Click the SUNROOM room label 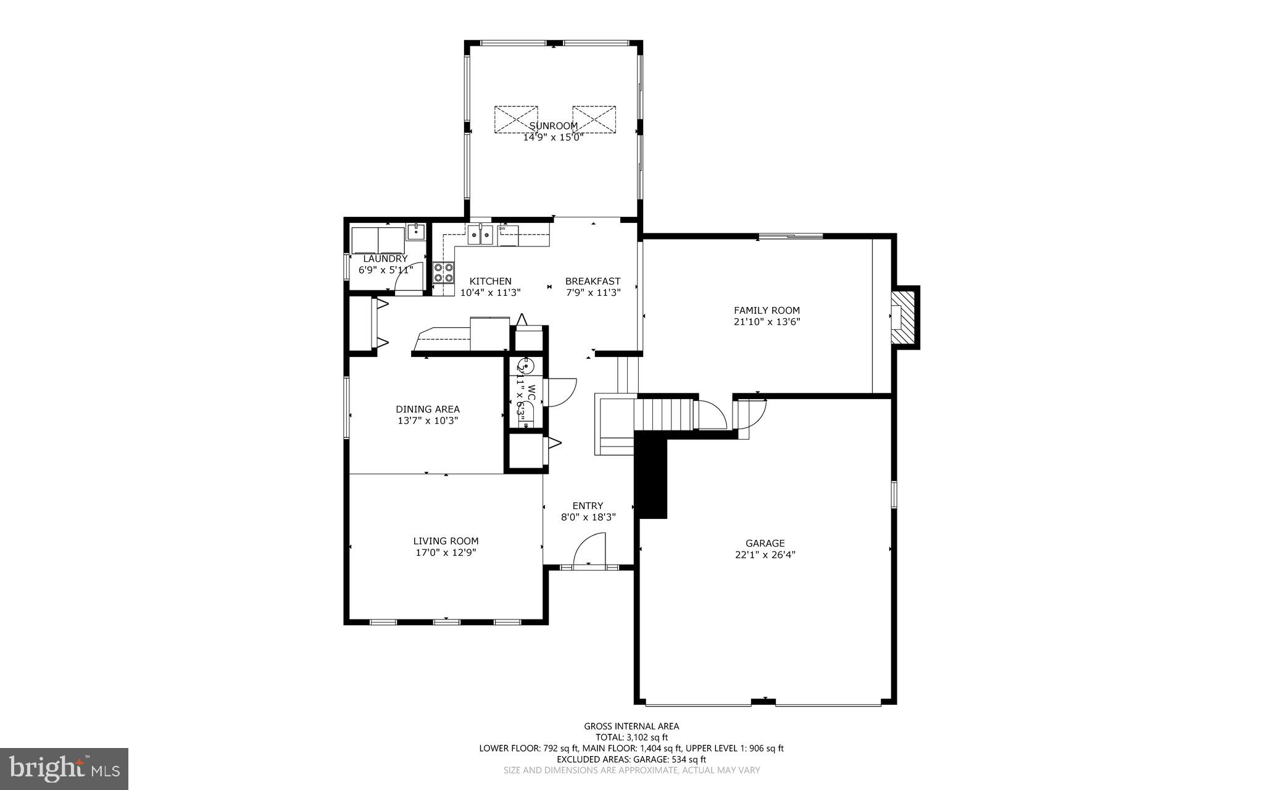pyautogui.click(x=554, y=126)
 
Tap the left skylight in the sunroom pyautogui.click(x=516, y=119)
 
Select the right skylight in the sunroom pyautogui.click(x=594, y=119)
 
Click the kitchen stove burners pyautogui.click(x=443, y=272)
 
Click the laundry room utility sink pyautogui.click(x=416, y=233)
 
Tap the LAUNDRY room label pyautogui.click(x=385, y=259)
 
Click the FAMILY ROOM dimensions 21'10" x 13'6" pyautogui.click(x=767, y=322)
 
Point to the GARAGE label pyautogui.click(x=765, y=544)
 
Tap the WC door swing pyautogui.click(x=560, y=391)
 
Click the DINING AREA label pyautogui.click(x=428, y=409)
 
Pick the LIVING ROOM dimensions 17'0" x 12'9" pyautogui.click(x=446, y=553)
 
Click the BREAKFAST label pyautogui.click(x=592, y=281)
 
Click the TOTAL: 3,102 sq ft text pyautogui.click(x=631, y=737)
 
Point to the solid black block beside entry pyautogui.click(x=652, y=476)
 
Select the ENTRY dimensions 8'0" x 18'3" pyautogui.click(x=588, y=518)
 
